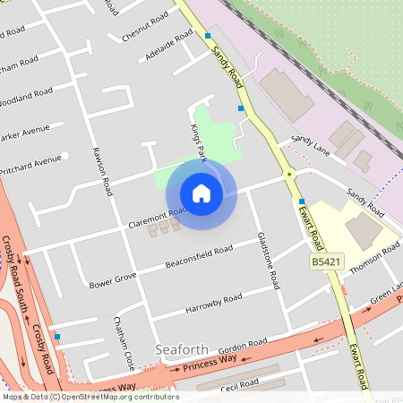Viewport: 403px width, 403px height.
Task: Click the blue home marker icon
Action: coord(201,193)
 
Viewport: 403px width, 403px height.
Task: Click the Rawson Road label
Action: coord(100,173)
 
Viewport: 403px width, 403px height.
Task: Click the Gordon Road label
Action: coord(243,345)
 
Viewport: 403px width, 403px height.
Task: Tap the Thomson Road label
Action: coord(374,256)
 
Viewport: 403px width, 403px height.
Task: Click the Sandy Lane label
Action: coord(310,148)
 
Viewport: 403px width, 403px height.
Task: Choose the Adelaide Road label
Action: coord(166,47)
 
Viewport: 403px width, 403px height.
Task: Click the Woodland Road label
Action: coord(27,94)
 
